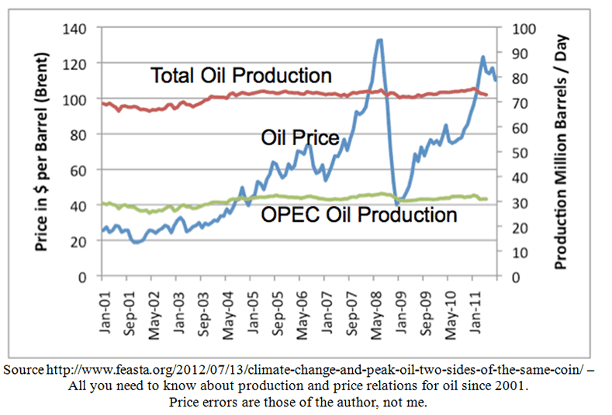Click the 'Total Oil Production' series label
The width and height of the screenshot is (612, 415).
click(x=240, y=75)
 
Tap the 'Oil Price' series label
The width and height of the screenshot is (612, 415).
click(x=299, y=138)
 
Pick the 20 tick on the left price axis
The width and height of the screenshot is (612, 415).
click(x=80, y=240)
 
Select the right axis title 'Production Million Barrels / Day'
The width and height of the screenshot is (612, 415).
click(x=562, y=152)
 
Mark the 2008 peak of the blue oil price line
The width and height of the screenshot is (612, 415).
click(x=379, y=40)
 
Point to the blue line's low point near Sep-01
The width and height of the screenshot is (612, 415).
click(x=137, y=242)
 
